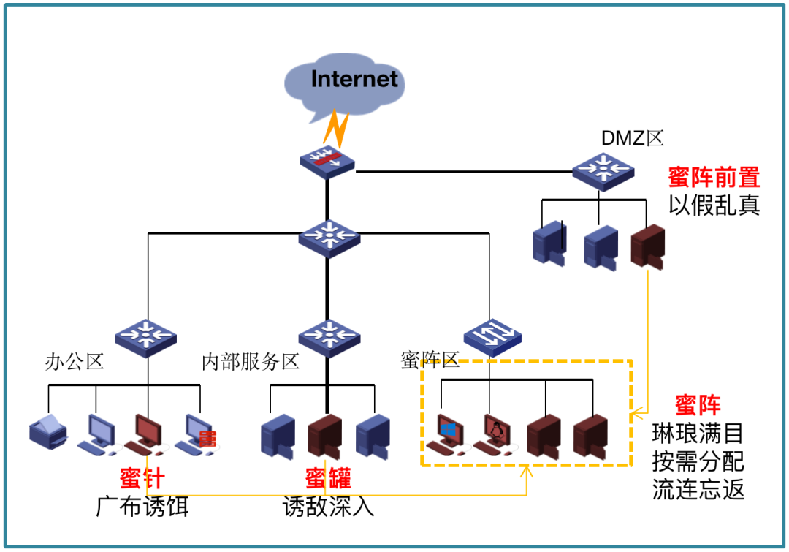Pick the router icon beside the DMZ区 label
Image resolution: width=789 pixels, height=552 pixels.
pyautogui.click(x=603, y=170)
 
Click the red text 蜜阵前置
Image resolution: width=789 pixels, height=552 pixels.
pyautogui.click(x=714, y=178)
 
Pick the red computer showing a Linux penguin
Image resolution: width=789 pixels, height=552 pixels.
pyautogui.click(x=495, y=434)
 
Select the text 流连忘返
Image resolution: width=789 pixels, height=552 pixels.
pyautogui.click(x=698, y=489)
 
